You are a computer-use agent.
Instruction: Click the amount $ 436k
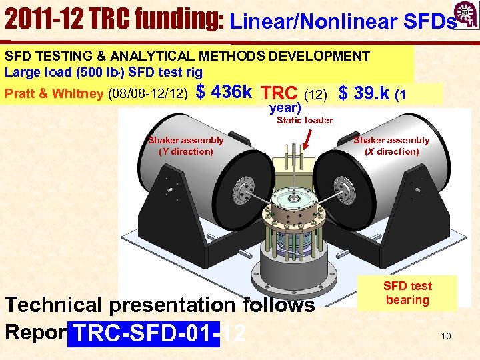(x=225, y=92)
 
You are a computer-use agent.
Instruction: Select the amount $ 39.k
(x=365, y=93)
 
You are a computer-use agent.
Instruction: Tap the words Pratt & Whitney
(x=54, y=93)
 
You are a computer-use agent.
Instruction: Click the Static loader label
(x=305, y=120)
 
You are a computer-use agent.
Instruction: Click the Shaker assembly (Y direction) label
(x=186, y=145)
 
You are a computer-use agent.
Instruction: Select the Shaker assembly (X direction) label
(x=391, y=145)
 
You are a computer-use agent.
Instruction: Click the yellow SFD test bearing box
(x=407, y=293)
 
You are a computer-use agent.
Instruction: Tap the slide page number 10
(x=445, y=336)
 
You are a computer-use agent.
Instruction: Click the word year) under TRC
(x=285, y=106)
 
